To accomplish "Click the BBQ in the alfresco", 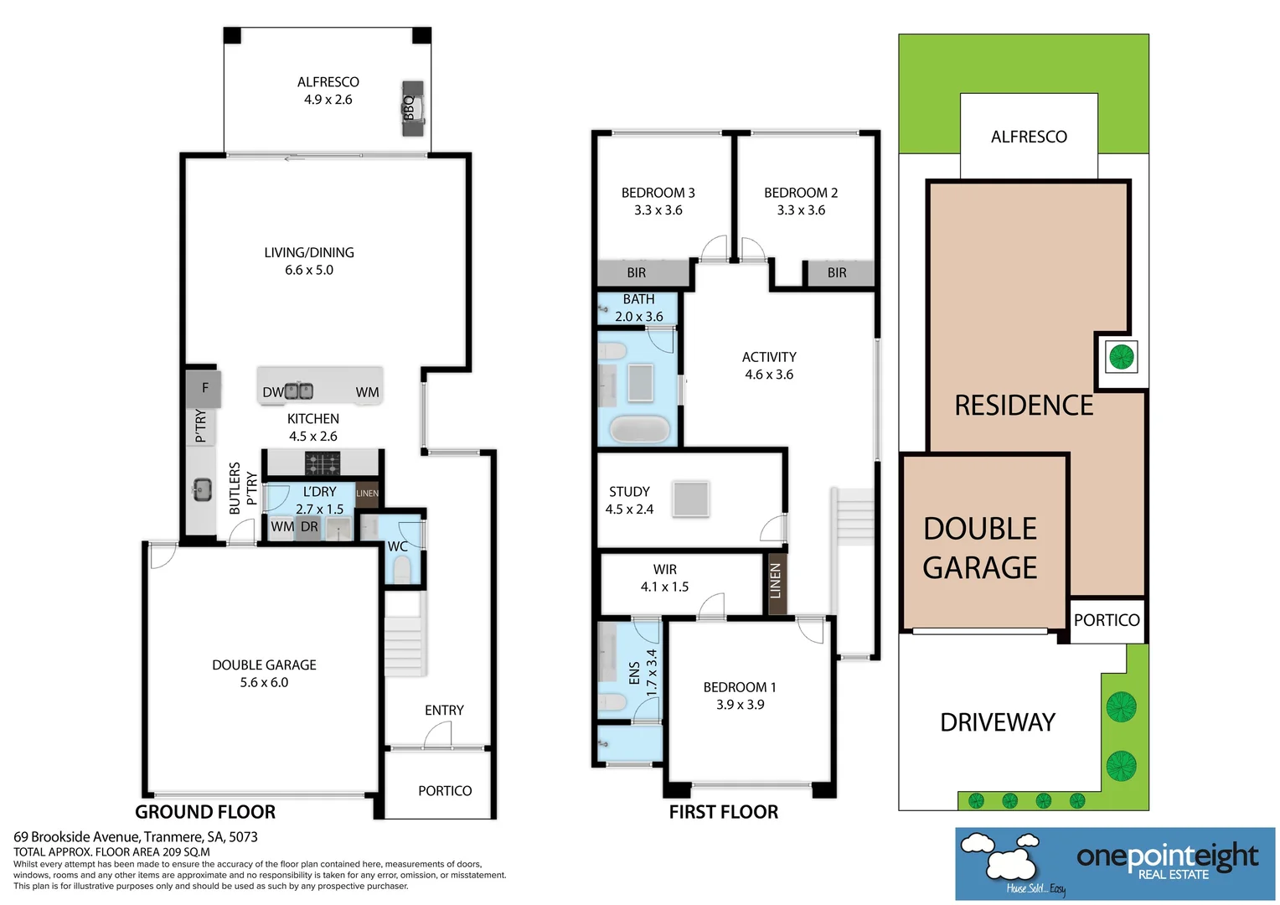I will point(412,108).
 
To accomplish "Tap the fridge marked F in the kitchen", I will point(204,388).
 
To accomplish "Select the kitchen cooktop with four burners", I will point(322,463).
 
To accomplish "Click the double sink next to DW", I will point(299,390).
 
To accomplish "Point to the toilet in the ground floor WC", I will point(402,571).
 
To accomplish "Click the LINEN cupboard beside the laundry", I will point(367,494).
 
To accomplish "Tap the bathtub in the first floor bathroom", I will point(639,429).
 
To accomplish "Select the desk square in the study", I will point(691,499).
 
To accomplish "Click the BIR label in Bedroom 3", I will point(637,273).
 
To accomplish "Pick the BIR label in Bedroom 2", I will point(837,273).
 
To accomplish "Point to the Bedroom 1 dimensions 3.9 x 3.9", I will point(740,705).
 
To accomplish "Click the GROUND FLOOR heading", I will point(205,812).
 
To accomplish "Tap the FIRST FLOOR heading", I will point(724,812).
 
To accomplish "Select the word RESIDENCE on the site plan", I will point(1024,406).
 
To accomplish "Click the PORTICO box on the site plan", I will point(1107,620).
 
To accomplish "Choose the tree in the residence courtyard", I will point(1121,357).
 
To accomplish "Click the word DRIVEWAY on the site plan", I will point(998,722).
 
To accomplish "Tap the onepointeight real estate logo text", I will point(1167,856).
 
